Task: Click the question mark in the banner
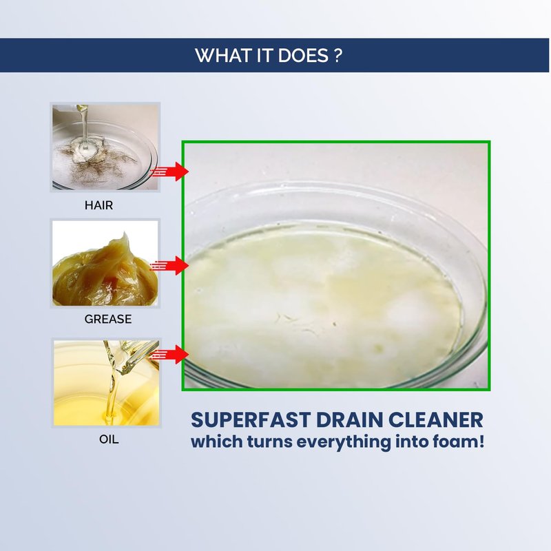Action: [x=337, y=55]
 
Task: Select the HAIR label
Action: [x=98, y=205]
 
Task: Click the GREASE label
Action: [x=108, y=319]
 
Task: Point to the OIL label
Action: [x=109, y=439]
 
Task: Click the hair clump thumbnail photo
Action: [x=105, y=147]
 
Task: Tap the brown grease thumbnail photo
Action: [x=105, y=263]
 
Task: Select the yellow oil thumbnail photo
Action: [x=106, y=383]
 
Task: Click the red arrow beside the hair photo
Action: [x=169, y=171]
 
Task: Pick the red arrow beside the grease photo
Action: [x=169, y=266]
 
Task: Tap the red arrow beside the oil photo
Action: [x=169, y=355]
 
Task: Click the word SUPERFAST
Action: [x=251, y=420]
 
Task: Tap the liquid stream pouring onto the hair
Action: [x=84, y=123]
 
